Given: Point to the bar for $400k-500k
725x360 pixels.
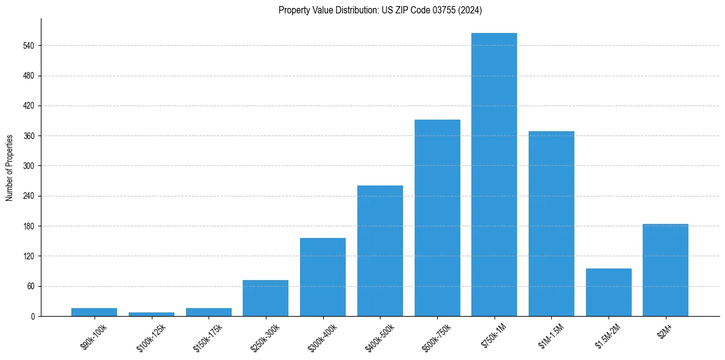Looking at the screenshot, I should (380, 251).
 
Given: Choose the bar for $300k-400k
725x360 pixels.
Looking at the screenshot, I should (323, 277).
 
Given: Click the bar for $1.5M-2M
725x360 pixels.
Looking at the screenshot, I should (609, 292).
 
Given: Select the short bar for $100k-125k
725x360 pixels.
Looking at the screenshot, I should (151, 314).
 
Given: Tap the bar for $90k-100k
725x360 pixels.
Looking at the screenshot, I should (94, 312).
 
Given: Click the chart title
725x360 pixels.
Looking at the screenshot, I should (380, 10).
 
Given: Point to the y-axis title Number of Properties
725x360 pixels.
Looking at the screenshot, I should (10, 168).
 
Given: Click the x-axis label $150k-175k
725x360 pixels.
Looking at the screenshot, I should (208, 337).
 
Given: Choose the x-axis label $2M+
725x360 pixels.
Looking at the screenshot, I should (665, 331).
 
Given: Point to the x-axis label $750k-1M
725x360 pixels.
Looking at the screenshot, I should (495, 336).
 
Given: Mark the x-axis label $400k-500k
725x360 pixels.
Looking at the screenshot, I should (380, 337).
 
